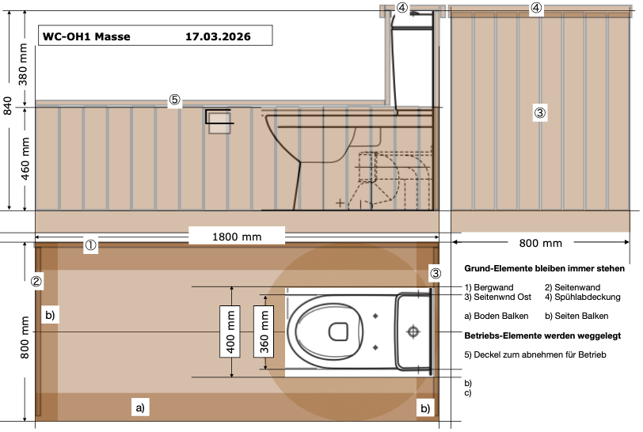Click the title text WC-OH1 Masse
click(87, 36)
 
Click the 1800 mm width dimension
click(236, 236)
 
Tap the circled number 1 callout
click(91, 245)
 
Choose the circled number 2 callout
click(36, 281)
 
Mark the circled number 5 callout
click(174, 100)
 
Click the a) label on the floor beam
click(139, 408)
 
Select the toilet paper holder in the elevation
click(219, 121)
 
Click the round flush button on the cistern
click(412, 331)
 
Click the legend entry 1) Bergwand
click(493, 286)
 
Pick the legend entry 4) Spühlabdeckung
click(583, 297)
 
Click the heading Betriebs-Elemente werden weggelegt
click(542, 335)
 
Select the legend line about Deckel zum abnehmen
click(535, 354)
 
